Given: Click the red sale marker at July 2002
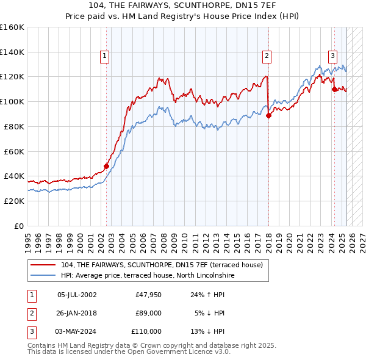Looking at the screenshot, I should [x=106, y=166].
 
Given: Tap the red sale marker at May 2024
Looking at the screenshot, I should [x=334, y=89].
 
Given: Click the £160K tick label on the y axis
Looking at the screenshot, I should [x=12, y=27].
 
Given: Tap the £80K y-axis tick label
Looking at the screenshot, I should [x=14, y=126].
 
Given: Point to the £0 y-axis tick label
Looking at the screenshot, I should [x=19, y=226].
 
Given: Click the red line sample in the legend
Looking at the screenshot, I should [x=44, y=265].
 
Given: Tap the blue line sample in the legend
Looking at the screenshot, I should [x=44, y=275].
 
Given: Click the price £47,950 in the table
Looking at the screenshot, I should [x=149, y=295].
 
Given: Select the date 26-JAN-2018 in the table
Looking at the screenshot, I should [x=77, y=314].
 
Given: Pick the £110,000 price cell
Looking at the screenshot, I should [x=146, y=331].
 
